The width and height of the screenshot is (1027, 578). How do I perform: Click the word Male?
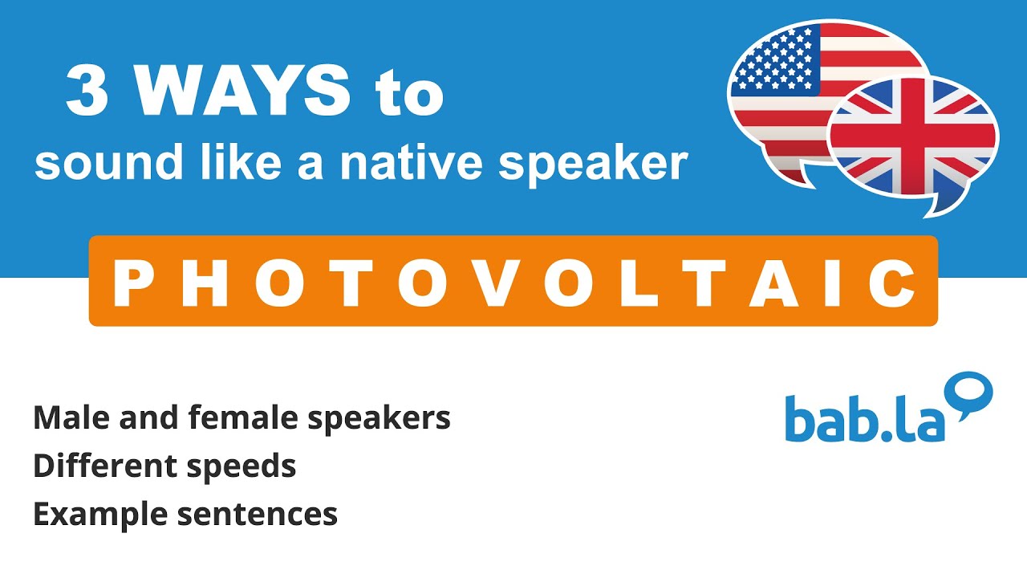pos(67,417)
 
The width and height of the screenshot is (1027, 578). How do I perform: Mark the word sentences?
pos(257,515)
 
